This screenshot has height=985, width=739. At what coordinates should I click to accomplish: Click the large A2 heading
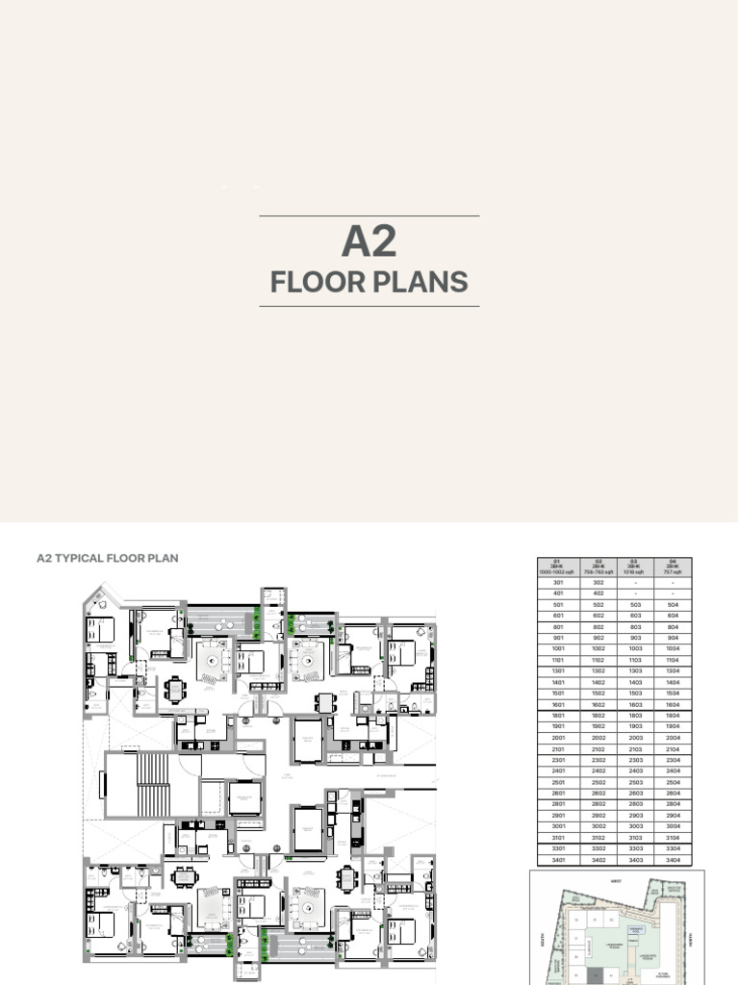(369, 241)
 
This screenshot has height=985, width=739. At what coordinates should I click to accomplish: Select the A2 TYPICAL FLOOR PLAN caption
(107, 558)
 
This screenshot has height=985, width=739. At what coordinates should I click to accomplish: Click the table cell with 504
(672, 605)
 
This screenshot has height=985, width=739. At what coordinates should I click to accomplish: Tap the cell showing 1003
(635, 649)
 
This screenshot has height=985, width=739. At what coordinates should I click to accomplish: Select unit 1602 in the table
(598, 704)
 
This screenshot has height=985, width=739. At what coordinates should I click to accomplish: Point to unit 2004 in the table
(672, 738)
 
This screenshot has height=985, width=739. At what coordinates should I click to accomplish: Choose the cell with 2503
(635, 782)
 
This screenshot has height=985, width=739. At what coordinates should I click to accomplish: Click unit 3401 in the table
(558, 859)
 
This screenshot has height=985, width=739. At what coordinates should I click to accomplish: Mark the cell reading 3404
(672, 859)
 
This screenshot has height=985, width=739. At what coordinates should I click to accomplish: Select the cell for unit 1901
(558, 726)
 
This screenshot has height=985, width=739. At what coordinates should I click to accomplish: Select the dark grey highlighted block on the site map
(595, 975)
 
